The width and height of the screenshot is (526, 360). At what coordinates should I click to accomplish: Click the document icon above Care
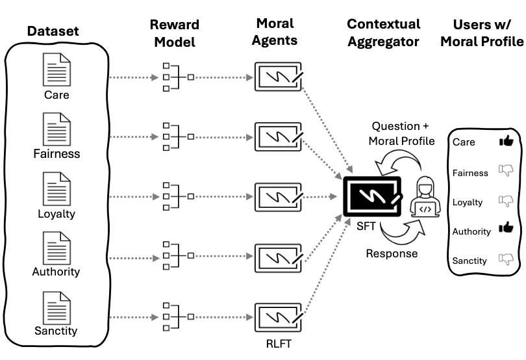(56, 69)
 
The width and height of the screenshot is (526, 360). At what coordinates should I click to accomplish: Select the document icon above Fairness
(56, 129)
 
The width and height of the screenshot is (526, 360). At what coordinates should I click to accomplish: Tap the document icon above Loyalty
(56, 188)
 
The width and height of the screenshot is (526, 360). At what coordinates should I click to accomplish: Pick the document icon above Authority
(56, 248)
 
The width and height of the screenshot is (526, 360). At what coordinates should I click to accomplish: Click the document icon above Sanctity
(56, 307)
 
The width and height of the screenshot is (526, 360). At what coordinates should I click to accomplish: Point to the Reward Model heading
(175, 32)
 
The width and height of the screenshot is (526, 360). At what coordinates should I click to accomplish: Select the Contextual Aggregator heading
(383, 32)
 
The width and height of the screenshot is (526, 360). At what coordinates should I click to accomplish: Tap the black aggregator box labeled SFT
(373, 195)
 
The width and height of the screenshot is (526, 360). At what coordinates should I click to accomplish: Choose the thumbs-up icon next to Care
(506, 140)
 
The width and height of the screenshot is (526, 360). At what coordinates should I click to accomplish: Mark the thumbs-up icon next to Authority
(506, 227)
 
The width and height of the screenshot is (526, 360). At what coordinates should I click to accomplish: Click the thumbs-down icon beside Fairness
(506, 170)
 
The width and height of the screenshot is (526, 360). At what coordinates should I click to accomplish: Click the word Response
(392, 253)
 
